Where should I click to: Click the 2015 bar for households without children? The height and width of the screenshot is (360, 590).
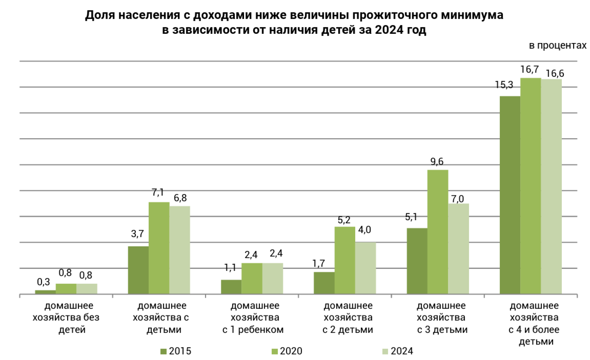(x=45, y=292)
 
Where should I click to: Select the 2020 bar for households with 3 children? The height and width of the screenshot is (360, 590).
(x=438, y=232)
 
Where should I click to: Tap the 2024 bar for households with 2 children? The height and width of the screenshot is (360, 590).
(x=365, y=268)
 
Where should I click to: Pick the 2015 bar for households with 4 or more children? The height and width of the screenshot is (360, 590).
(x=510, y=195)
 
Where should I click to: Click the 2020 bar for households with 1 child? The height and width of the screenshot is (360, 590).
(x=252, y=278)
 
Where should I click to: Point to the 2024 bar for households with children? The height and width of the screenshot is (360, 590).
(x=180, y=250)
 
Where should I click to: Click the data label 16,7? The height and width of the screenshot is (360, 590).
(x=529, y=70)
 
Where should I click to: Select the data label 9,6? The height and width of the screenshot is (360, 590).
(x=437, y=162)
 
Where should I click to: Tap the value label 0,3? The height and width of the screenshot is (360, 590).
(x=43, y=282)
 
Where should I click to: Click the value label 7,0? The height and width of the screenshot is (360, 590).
(x=457, y=199)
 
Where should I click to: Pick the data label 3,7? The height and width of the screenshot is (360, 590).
(x=137, y=234)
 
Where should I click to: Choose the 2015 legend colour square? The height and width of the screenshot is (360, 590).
(x=163, y=351)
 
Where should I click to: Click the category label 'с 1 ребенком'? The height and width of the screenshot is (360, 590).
(x=253, y=330)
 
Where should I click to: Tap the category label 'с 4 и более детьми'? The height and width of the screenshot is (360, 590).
(x=534, y=330)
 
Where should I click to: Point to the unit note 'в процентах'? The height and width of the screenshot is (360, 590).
(x=557, y=45)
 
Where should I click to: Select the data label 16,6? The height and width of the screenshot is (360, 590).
(x=555, y=73)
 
